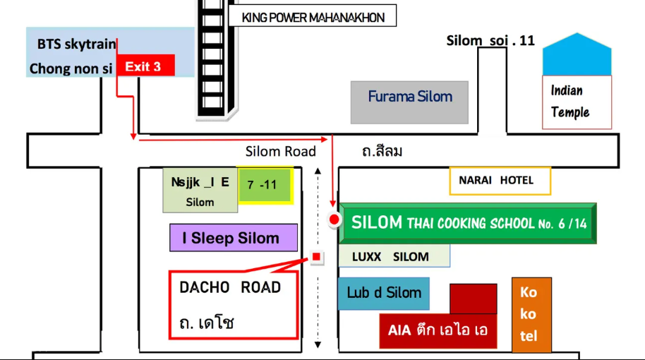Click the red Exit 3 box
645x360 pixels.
coord(145,66)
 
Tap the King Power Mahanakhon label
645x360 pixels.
coord(313,16)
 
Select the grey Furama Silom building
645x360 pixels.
coord(409,102)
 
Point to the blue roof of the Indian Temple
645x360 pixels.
coord(577,55)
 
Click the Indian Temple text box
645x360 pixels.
coord(577,102)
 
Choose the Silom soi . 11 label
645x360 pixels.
coord(490,41)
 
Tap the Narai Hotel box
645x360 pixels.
coord(500,180)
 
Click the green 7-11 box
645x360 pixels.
coord(265,185)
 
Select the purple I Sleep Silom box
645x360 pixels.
coord(234,238)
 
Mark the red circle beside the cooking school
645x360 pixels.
coord(334,220)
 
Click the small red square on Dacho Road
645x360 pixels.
coord(316,257)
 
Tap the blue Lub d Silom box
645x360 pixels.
coord(383,294)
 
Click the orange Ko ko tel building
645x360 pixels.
coord(531,315)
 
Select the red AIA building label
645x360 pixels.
coord(438,330)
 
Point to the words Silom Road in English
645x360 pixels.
coord(281,151)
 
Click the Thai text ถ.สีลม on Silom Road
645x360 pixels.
coord(382,151)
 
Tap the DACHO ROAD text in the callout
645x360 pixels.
coord(230,287)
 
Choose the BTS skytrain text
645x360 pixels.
coord(76,44)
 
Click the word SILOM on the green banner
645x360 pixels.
coord(377,222)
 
